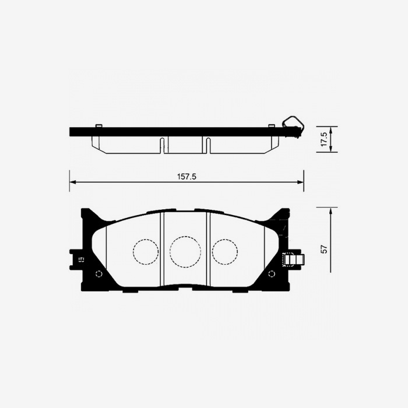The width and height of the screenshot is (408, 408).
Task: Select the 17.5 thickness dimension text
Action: (324, 140)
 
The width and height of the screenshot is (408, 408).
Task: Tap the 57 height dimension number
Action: (324, 249)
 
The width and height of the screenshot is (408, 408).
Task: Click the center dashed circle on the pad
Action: (185, 252)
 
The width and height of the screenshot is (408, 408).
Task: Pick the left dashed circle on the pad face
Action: (146, 252)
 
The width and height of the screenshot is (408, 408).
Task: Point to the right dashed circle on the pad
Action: (225, 252)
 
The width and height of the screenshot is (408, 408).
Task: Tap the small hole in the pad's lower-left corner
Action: (99, 274)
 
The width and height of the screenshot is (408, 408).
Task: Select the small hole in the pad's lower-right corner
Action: (272, 274)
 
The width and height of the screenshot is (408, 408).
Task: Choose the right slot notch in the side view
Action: (206, 145)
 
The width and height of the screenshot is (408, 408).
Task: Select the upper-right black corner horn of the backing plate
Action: (280, 217)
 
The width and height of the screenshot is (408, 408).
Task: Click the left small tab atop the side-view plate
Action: (99, 126)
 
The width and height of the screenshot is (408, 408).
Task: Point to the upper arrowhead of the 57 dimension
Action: (330, 210)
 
